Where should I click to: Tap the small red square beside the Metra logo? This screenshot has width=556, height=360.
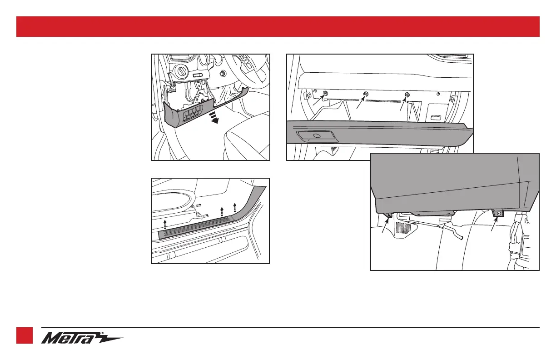point(25,335)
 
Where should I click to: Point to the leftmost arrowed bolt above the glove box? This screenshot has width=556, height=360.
point(325,94)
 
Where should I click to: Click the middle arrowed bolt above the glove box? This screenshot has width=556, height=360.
point(366,95)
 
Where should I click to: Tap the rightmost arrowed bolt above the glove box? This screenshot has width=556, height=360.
point(407,95)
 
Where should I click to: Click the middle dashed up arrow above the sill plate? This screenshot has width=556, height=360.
point(221,211)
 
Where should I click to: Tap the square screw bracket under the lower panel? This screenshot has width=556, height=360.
point(498,213)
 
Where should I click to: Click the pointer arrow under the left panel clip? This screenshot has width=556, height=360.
point(386,225)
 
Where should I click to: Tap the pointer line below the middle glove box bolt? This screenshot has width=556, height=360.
point(360,104)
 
